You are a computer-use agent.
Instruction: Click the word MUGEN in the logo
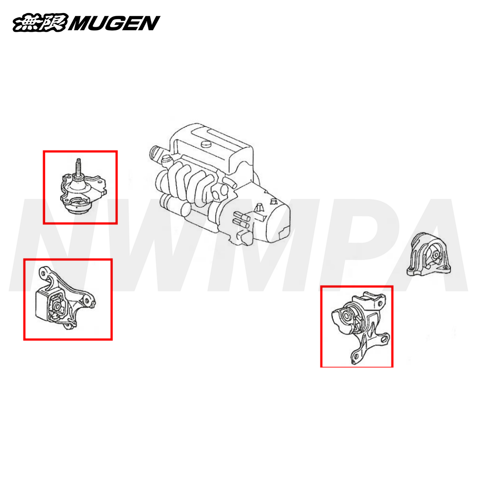tap(114, 23)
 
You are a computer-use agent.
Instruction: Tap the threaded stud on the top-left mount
tap(79, 167)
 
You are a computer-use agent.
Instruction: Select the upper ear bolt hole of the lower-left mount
tap(43, 272)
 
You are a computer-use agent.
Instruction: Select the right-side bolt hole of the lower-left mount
tap(87, 301)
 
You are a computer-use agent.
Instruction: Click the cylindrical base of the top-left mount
tap(78, 210)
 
